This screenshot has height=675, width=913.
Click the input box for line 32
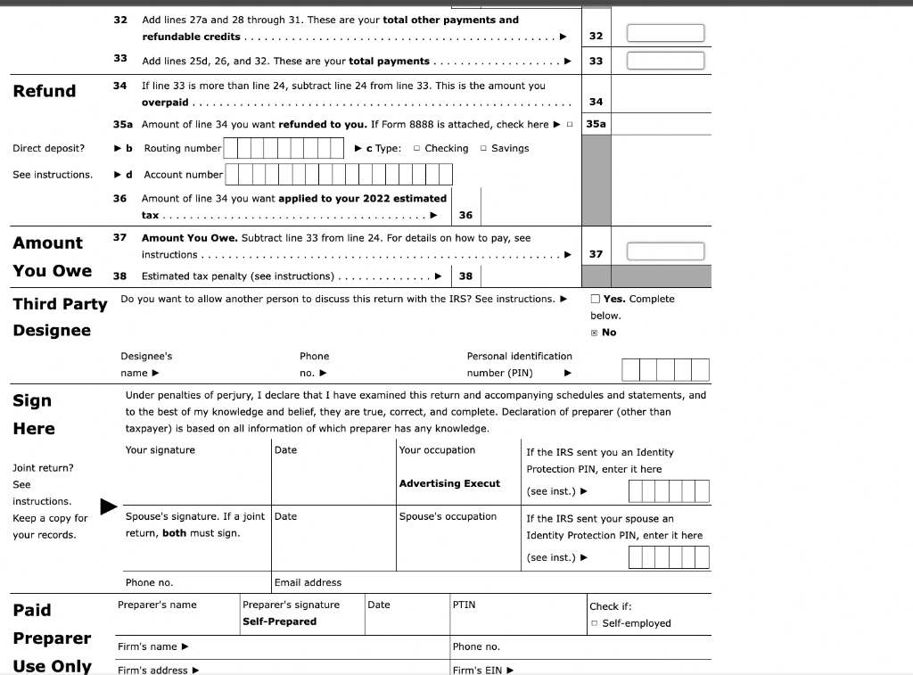coord(665,33)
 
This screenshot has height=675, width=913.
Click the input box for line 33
coord(665,61)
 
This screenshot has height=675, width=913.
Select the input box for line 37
coord(665,251)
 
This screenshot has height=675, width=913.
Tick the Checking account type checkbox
coord(417,149)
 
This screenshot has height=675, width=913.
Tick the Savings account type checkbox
coord(483,149)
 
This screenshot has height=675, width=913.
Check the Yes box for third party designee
coord(596,299)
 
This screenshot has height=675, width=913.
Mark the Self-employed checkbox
coord(595,623)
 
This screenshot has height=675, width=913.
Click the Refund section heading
coord(45,91)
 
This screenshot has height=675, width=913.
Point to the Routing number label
coord(182,148)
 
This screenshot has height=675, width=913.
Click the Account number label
coord(183,175)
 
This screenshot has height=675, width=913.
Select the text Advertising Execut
coord(449,483)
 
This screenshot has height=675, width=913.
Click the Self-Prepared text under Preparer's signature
coord(279,621)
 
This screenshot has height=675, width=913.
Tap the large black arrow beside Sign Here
coord(109,507)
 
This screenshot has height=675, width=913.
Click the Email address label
coord(308,582)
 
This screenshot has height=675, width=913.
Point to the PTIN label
coord(464,605)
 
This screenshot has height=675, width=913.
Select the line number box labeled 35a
coord(596,124)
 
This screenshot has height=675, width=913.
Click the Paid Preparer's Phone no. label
coord(476,646)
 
